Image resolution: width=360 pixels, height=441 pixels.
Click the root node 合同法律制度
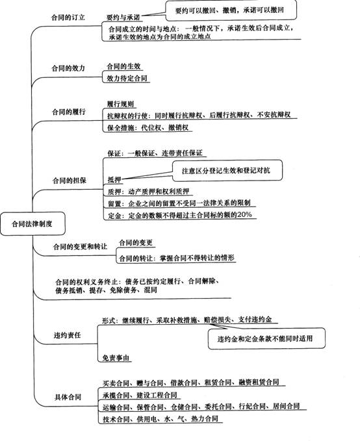pyautogui.click(x=32, y=224)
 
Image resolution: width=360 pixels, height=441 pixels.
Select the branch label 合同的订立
pyautogui.click(x=68, y=18)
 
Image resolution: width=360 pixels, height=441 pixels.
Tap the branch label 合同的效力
pyautogui.click(x=68, y=68)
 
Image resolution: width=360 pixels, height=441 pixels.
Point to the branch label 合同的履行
pyautogui.click(x=69, y=112)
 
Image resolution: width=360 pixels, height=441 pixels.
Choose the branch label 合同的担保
pyautogui.click(x=70, y=181)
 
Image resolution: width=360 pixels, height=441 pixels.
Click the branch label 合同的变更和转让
pyautogui.click(x=80, y=247)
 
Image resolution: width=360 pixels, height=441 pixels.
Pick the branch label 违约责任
pyautogui.click(x=68, y=335)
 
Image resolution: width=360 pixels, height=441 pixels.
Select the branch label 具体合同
pyautogui.click(x=68, y=397)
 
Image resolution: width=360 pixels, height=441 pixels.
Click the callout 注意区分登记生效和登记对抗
pyautogui.click(x=227, y=170)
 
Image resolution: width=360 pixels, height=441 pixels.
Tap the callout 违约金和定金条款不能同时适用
pyautogui.click(x=266, y=338)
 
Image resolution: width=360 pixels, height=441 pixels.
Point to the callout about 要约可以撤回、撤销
pyautogui.click(x=231, y=10)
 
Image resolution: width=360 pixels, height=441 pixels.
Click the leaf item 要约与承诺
pyautogui.click(x=123, y=18)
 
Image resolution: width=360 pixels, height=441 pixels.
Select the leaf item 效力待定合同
pyautogui.click(x=127, y=78)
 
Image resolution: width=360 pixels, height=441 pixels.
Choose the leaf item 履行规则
pyautogui.click(x=120, y=104)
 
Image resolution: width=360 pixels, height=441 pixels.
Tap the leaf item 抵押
pyautogui.click(x=114, y=179)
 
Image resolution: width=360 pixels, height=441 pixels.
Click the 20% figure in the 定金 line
pyautogui.click(x=244, y=214)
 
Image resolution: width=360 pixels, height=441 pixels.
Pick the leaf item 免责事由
pyautogui.click(x=116, y=358)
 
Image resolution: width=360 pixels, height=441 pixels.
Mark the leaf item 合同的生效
pyautogui.click(x=123, y=66)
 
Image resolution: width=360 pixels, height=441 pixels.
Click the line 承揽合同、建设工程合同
pyautogui.click(x=140, y=395)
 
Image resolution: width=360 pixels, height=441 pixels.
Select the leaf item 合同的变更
pyautogui.click(x=136, y=242)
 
